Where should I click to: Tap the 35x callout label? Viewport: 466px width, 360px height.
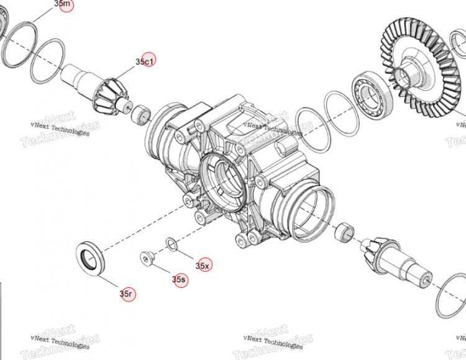tap(203, 265)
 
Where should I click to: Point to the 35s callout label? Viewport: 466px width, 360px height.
tap(179, 280)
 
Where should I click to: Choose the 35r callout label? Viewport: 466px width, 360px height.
tap(127, 293)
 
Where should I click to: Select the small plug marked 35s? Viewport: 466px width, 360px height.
tap(147, 257)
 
